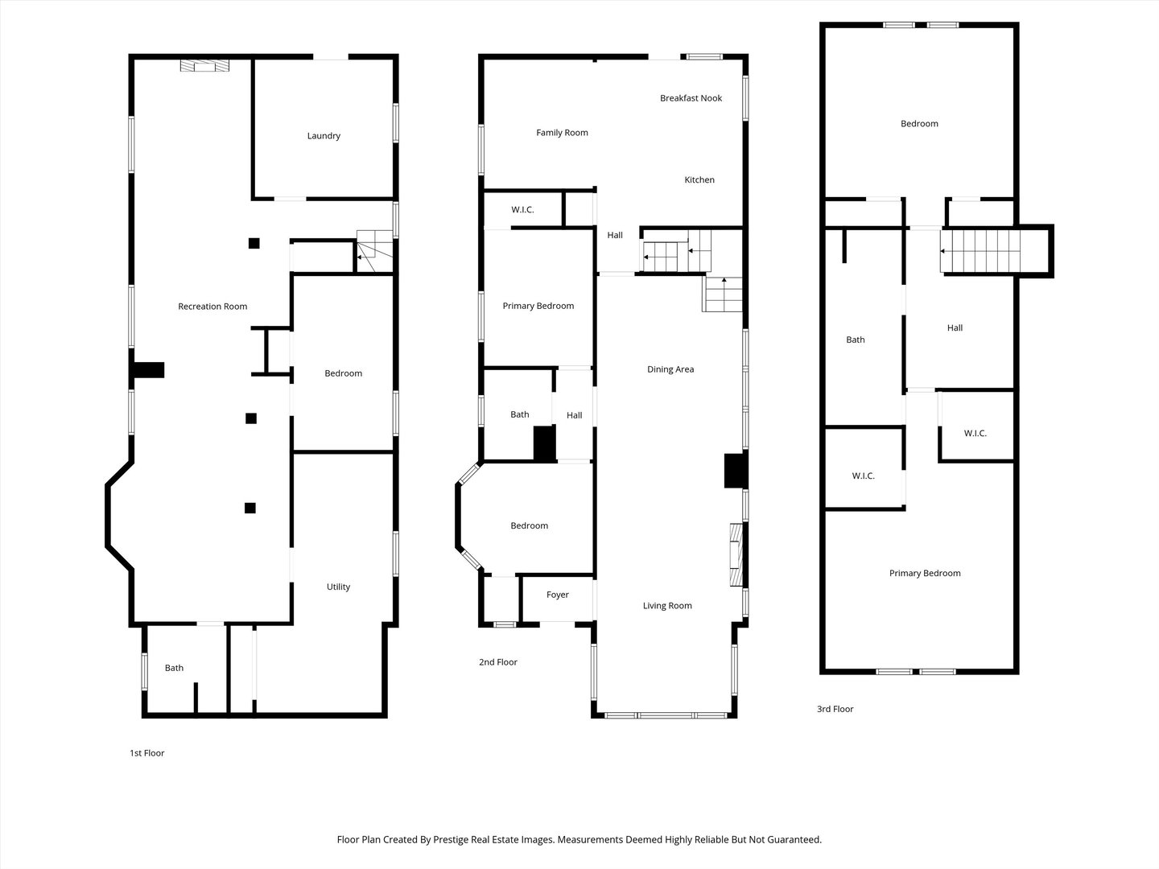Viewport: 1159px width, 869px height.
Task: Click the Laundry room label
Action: click(324, 136)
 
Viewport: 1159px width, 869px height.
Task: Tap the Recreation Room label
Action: click(212, 306)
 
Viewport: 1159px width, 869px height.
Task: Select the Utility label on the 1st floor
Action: click(338, 587)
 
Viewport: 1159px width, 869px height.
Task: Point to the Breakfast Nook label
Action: click(691, 97)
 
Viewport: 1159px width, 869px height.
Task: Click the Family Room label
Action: click(562, 133)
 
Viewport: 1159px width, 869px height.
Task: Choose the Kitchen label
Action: click(699, 179)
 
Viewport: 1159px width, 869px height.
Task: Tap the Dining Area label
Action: click(670, 369)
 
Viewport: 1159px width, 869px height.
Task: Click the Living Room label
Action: click(667, 606)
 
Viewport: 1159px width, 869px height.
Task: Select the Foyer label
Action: click(557, 595)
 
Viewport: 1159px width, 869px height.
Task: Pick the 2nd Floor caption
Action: click(498, 661)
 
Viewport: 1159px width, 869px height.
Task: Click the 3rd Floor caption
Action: click(835, 709)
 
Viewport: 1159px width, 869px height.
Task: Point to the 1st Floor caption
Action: click(146, 753)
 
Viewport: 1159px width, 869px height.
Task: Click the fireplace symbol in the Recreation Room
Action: click(205, 65)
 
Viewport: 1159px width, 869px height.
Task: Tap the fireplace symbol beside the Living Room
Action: click(736, 554)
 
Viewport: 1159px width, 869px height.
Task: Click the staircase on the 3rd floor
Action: click(980, 250)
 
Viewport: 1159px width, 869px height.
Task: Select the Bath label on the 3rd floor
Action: click(856, 340)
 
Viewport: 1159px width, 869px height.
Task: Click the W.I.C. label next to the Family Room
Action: click(522, 209)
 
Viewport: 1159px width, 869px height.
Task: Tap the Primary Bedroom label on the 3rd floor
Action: click(925, 573)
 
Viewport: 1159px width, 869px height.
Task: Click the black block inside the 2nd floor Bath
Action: click(544, 443)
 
